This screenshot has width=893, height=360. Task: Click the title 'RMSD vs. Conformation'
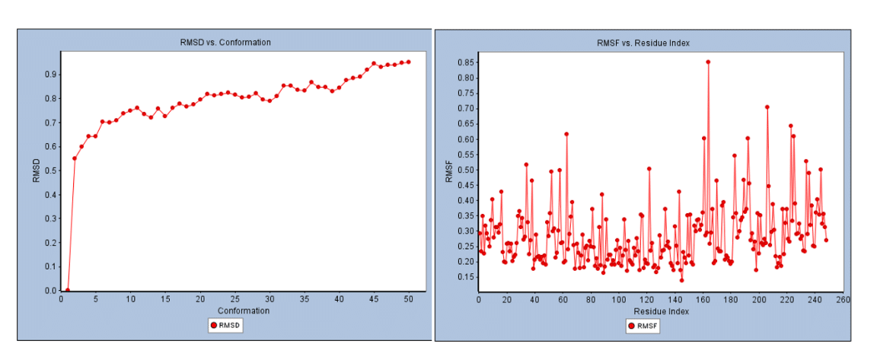[x=220, y=42]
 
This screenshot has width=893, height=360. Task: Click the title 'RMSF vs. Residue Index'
[x=643, y=43]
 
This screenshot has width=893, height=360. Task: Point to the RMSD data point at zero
[x=68, y=290]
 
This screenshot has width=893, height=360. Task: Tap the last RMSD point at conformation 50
[x=409, y=62]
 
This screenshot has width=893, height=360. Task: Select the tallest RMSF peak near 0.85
[x=708, y=62]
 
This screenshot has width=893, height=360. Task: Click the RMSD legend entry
[x=225, y=326]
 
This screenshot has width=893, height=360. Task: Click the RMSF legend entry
[x=643, y=326]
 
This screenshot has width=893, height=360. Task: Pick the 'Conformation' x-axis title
[x=242, y=311]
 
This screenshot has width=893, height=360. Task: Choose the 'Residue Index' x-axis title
[x=661, y=311]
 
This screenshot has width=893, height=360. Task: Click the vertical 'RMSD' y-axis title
[x=36, y=171]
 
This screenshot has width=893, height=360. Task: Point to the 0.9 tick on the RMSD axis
[x=51, y=74]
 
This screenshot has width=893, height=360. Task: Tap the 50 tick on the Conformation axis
[x=409, y=299]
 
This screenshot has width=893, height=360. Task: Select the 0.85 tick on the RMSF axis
[x=464, y=62]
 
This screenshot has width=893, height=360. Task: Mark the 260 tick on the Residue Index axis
[x=843, y=299]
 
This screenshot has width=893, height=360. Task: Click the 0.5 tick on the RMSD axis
[x=51, y=170]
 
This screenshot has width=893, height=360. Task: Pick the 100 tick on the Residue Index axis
[x=618, y=299]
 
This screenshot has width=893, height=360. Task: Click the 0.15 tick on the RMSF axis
[x=464, y=277]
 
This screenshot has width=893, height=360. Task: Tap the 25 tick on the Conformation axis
[x=234, y=299]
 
